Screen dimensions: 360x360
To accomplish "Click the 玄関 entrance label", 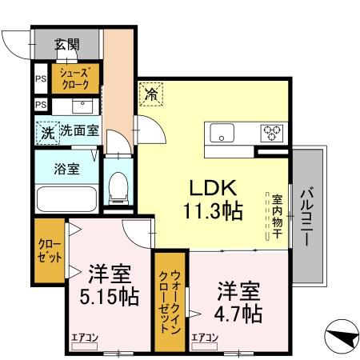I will pyautogui.click(x=67, y=45).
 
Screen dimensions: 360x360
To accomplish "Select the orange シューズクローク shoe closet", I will pyautogui.click(x=76, y=78).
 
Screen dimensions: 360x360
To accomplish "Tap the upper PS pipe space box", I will pyautogui.click(x=40, y=79).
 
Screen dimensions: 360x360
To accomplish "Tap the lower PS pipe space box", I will pyautogui.click(x=40, y=105).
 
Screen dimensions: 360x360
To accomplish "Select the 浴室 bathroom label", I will pyautogui.click(x=66, y=169).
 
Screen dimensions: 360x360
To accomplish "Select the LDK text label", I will pyautogui.click(x=212, y=189).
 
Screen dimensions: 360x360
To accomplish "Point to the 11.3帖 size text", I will pyautogui.click(x=212, y=213).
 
